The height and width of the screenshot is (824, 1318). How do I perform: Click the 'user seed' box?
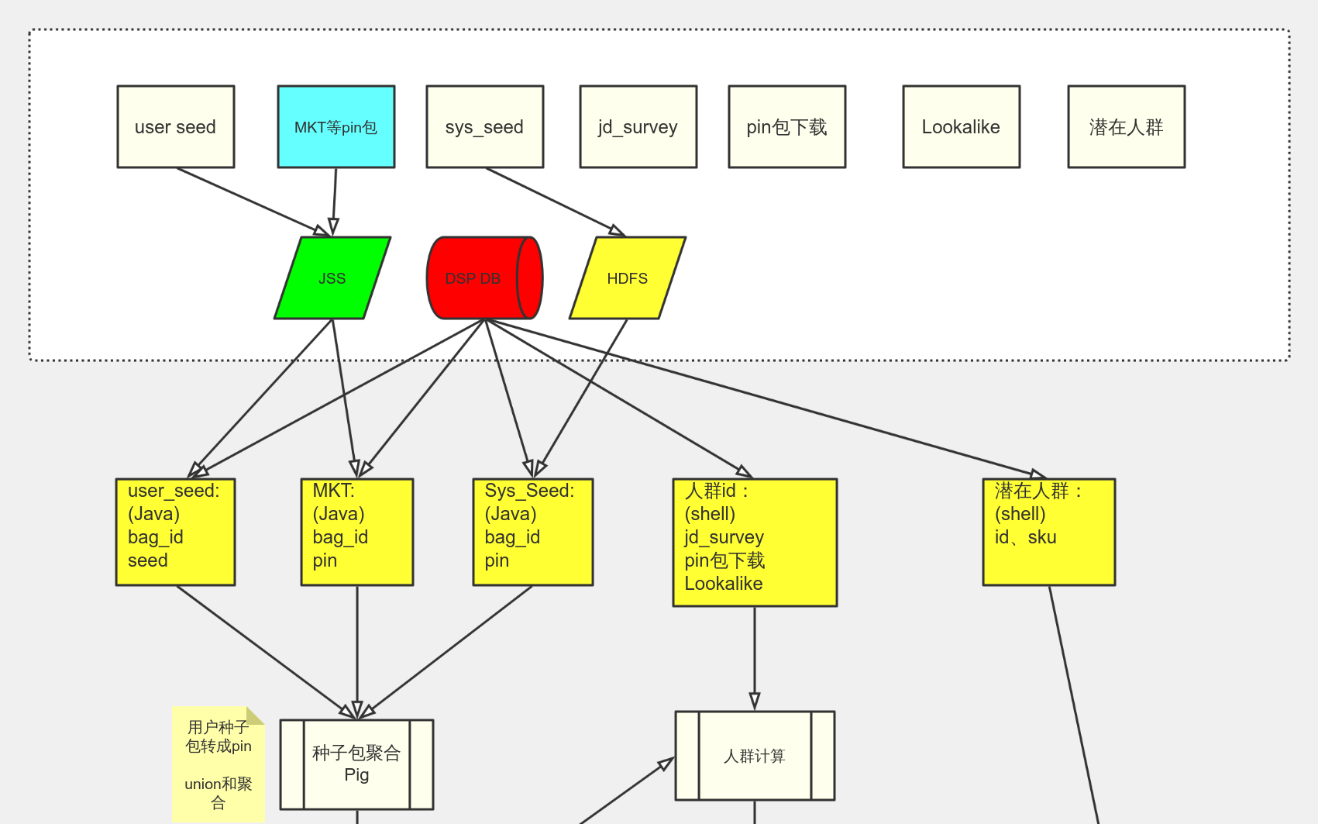coord(175,127)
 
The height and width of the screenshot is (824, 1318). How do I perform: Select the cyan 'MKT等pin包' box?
coord(336,127)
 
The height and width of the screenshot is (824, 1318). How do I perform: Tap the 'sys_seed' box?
coord(484,127)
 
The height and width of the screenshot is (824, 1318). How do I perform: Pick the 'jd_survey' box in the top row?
coord(638,127)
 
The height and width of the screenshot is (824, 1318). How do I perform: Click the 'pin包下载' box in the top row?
coord(786,127)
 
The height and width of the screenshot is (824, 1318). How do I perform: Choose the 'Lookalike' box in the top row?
coord(961,127)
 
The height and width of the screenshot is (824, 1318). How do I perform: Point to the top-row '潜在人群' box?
coord(1126,127)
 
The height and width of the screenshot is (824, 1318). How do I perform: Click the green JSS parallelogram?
coord(332,278)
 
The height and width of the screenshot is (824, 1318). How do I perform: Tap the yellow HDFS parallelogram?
coord(628,278)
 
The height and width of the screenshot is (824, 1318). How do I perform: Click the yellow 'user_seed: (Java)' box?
coord(175,532)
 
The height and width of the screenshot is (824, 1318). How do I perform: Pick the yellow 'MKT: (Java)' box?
coord(357,532)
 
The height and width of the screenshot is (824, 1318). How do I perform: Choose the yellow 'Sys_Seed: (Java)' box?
coord(533,532)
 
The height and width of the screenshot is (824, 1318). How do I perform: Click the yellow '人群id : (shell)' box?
coord(755,543)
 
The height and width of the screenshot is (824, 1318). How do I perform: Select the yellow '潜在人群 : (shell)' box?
coord(1048,532)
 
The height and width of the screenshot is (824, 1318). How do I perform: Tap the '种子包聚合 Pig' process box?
coord(356,764)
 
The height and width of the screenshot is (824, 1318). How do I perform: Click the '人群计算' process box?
coord(755,756)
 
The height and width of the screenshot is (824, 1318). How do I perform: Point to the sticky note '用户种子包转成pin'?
coord(218,764)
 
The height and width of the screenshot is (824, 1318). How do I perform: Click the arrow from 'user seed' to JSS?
coord(248,199)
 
